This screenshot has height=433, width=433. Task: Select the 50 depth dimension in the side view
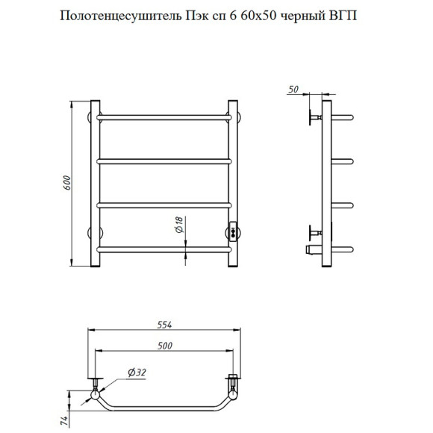[x=293, y=90]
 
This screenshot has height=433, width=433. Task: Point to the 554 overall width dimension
[x=163, y=324]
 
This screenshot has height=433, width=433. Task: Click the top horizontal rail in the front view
[x=164, y=117]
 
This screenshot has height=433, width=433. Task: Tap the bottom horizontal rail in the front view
[x=164, y=249]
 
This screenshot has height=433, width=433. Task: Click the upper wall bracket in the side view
[x=314, y=117]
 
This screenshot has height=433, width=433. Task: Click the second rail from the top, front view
[x=164, y=161]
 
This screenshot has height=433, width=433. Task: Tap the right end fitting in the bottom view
[x=233, y=387]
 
